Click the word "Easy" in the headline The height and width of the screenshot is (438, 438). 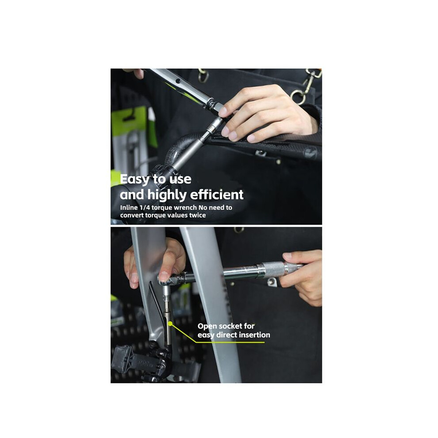[x=134, y=179]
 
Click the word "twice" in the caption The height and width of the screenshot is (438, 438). [x=197, y=215]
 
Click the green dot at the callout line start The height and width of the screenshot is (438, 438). [x=170, y=323]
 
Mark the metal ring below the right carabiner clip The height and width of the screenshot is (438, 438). [x=298, y=96]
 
